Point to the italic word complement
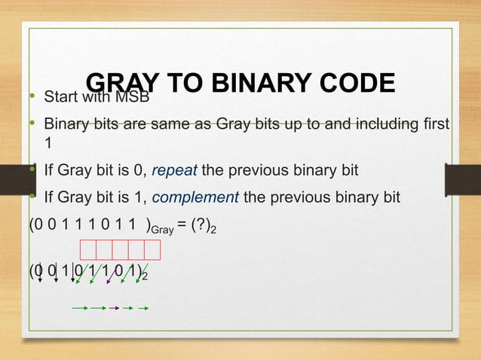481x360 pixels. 196,198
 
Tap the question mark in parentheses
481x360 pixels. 203,226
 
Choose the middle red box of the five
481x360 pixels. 120,250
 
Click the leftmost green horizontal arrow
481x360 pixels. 80,307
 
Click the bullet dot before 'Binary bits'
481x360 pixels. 32,124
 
